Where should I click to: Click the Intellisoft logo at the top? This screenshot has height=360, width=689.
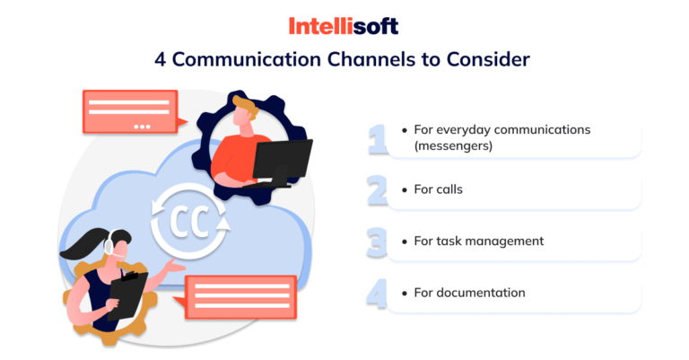pos(344,26)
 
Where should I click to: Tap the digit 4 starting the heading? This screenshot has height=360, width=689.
pos(161,60)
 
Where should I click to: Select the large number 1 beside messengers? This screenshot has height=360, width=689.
pos(377,139)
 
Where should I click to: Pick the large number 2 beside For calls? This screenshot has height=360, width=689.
pos(377,190)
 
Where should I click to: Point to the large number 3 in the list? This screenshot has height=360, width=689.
pos(377,241)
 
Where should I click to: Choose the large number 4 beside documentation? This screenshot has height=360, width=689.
pos(377,294)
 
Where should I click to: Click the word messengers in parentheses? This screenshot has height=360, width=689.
pos(453,145)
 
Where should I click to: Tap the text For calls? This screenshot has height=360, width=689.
pos(438,189)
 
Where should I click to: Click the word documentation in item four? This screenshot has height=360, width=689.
pos(481,293)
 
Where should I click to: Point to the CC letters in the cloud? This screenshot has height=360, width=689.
pos(189,222)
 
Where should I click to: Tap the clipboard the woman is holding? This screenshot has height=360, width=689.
pos(127,295)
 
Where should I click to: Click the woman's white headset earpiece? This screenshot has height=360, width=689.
pos(109,245)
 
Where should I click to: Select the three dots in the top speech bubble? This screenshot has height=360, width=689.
pos(142,127)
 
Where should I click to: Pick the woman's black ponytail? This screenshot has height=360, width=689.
pos(85,245)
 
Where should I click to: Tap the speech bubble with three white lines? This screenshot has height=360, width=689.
pos(240,296)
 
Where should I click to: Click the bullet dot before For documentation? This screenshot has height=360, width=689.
pos(405,294)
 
